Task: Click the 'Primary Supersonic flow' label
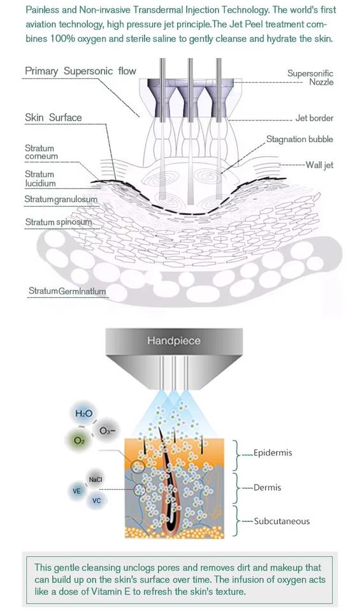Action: [x=80, y=71]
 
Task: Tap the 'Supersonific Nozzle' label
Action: [x=310, y=77]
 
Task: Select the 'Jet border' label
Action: [x=314, y=118]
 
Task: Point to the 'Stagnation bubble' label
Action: [x=299, y=140]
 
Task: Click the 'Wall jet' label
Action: [x=319, y=164]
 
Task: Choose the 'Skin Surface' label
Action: [x=54, y=117]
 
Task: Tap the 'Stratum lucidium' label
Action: [x=40, y=178]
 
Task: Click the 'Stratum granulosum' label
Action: [x=61, y=200]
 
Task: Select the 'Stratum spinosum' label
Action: [x=59, y=222]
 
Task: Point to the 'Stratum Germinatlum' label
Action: [x=67, y=291]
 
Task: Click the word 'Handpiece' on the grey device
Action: [x=174, y=340]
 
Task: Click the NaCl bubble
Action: [x=96, y=479]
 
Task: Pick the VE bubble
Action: [x=77, y=491]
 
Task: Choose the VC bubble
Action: [x=96, y=500]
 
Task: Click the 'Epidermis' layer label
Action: [x=273, y=453]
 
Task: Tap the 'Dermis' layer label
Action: [x=267, y=488]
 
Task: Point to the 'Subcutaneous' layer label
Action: [x=282, y=521]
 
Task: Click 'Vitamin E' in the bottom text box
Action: [x=111, y=592]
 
